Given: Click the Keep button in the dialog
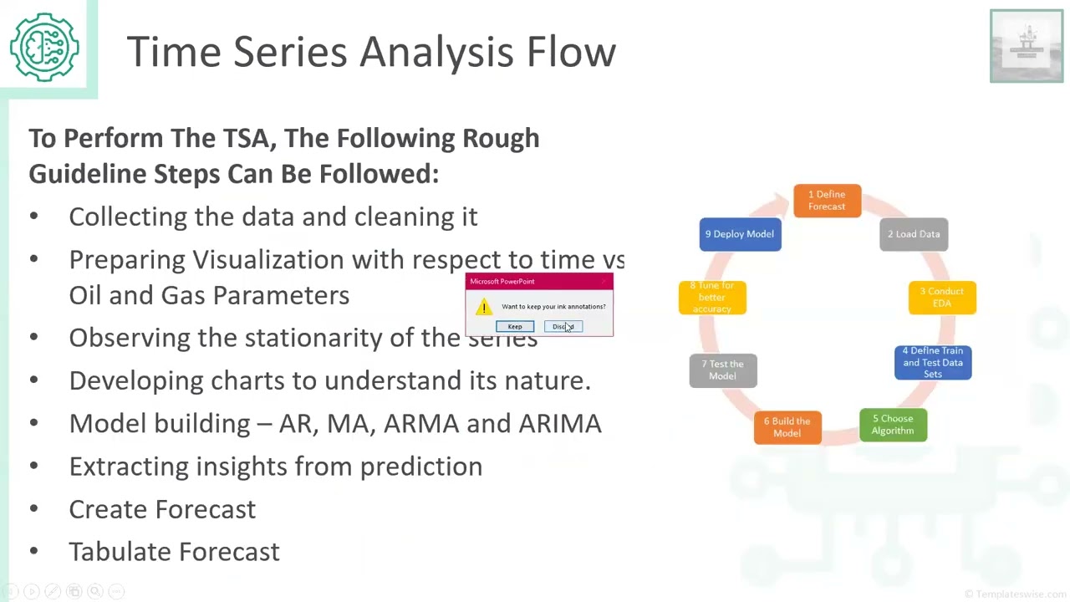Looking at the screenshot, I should pyautogui.click(x=515, y=327).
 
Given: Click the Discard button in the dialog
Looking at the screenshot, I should pyautogui.click(x=563, y=327).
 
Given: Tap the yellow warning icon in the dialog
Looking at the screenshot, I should pyautogui.click(x=484, y=307).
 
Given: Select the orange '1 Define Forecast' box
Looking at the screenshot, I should pyautogui.click(x=827, y=201).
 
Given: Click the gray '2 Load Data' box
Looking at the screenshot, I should pyautogui.click(x=914, y=234).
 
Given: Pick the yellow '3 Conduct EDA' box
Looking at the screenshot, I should pyautogui.click(x=942, y=298).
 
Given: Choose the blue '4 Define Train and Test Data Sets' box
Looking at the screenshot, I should pyautogui.click(x=933, y=363).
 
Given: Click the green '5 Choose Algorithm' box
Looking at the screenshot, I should pyautogui.click(x=893, y=425).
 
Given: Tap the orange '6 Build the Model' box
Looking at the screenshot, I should pyautogui.click(x=787, y=427).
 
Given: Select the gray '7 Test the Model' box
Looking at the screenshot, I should pyautogui.click(x=723, y=370).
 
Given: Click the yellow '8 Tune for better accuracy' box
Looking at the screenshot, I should pyautogui.click(x=712, y=298).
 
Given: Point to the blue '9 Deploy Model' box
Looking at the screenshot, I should pyautogui.click(x=740, y=234).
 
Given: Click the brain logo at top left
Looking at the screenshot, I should pyautogui.click(x=45, y=47).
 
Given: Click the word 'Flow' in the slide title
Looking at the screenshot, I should pyautogui.click(x=571, y=52).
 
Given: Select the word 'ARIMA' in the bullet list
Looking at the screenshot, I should pyautogui.click(x=560, y=423).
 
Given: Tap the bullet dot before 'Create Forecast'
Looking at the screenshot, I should pyautogui.click(x=33, y=509).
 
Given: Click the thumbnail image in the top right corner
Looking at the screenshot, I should pyautogui.click(x=1027, y=46).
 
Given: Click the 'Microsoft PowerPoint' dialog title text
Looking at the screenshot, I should pyautogui.click(x=502, y=282).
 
